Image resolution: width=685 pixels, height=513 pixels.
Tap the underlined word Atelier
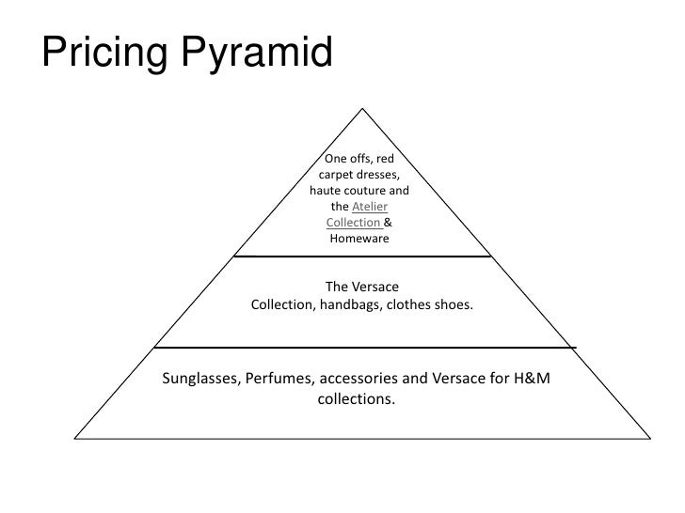(370, 207)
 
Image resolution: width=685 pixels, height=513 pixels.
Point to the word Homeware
(358, 239)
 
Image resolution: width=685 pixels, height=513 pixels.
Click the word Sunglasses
(200, 380)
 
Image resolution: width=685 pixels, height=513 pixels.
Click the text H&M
(531, 380)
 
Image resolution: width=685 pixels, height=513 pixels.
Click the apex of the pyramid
(362, 106)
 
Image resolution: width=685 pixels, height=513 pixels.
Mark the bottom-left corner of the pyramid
(74, 437)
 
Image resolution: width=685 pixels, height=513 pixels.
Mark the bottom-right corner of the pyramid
(649, 437)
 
